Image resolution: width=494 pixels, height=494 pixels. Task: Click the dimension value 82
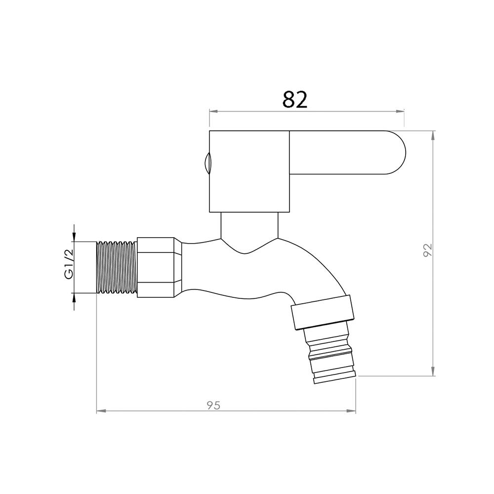294,99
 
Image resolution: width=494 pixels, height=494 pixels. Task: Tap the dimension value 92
427,250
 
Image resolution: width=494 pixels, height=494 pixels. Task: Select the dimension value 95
213,405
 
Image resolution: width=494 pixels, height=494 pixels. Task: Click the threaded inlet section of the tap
117,267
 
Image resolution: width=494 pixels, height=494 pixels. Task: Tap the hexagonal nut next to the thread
159,267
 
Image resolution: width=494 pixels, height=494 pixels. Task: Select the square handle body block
249,171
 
